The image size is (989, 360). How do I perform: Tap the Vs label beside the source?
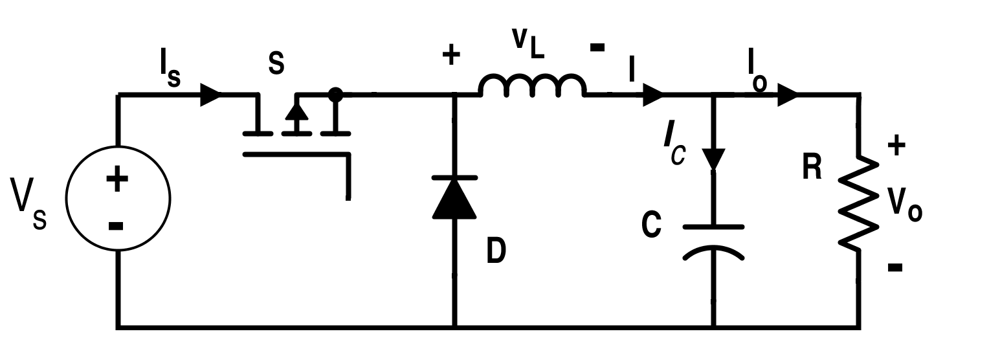pos(28,203)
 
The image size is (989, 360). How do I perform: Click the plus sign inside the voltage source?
pos(117,179)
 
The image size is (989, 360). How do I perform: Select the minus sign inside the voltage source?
pos(116,225)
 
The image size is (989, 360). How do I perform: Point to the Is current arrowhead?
pos(210,95)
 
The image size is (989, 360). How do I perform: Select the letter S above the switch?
pos(276,65)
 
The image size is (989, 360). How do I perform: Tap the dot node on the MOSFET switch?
pos(335,95)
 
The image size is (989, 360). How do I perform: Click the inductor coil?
pos(532,85)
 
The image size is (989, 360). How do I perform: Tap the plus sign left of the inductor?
pos(450,56)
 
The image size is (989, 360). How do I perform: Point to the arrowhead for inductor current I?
pos(652,96)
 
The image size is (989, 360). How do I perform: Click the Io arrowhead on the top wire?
pos(787,95)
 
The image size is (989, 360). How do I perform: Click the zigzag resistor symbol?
pos(859,202)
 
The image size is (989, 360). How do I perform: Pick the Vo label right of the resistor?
pos(904,205)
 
